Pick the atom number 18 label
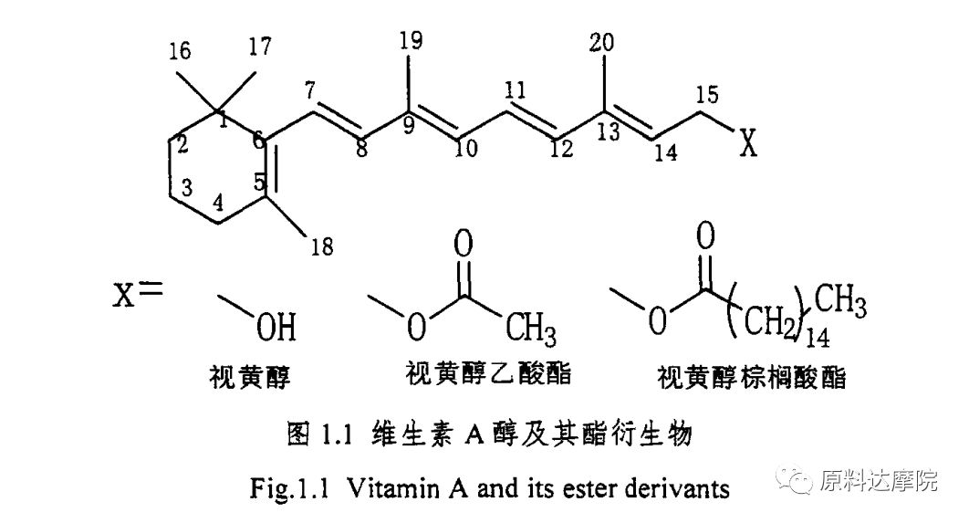point(323,246)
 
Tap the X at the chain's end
point(748,143)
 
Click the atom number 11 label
point(515,90)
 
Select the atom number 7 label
point(311,90)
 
